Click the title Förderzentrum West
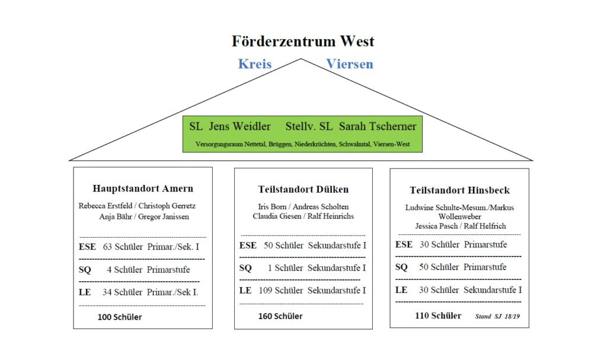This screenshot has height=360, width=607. (x=303, y=41)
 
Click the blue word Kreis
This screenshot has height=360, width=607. (x=255, y=64)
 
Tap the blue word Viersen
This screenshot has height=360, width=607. (x=350, y=64)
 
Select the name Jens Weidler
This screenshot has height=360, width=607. (x=239, y=126)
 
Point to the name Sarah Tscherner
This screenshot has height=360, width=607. (x=378, y=126)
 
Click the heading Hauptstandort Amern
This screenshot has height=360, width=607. (x=143, y=189)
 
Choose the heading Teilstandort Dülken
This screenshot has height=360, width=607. (x=303, y=190)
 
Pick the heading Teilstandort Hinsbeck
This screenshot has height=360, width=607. (x=459, y=190)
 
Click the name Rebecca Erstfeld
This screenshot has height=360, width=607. (x=106, y=206)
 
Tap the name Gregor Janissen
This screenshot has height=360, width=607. (x=164, y=216)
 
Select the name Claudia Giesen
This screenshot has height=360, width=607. (x=277, y=216)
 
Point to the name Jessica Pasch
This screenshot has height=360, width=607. (x=436, y=226)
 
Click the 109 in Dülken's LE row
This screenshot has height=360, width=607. (x=266, y=290)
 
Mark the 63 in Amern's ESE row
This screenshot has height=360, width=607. (x=107, y=247)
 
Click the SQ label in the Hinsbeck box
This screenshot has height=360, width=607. (x=401, y=267)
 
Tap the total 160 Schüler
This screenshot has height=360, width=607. (x=280, y=316)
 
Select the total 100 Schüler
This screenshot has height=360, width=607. (x=120, y=317)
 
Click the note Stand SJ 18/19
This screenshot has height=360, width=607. (x=497, y=316)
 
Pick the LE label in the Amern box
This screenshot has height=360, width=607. (x=85, y=292)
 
